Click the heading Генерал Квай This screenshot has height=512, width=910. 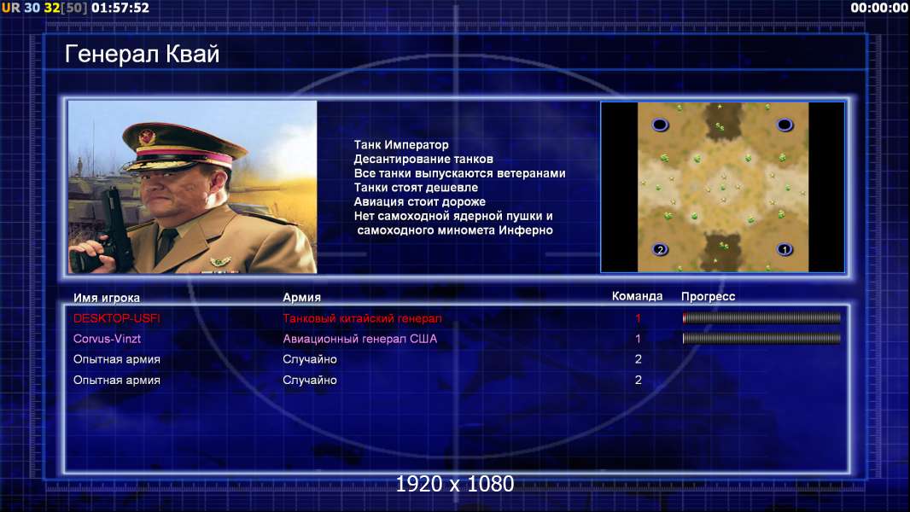143,54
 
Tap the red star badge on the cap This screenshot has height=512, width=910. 147,137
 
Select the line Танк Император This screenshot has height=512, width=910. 401,145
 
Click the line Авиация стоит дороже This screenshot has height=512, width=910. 420,201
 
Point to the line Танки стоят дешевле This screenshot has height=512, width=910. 416,187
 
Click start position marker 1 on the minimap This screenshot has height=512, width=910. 785,250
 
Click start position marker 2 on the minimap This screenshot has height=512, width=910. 660,250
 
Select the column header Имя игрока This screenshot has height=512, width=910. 106,298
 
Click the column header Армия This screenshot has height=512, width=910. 302,297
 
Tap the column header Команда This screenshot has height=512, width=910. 637,296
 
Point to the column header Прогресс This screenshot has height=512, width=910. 708,296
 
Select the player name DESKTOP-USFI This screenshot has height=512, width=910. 117,318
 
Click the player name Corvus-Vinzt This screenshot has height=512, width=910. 107,339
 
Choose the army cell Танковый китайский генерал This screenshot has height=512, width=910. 362,318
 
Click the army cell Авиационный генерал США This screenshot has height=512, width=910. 360,339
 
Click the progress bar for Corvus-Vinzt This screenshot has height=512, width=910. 761,338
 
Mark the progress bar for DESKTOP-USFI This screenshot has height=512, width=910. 761,317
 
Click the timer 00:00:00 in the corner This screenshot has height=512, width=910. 878,8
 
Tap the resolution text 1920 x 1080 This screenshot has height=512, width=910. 455,484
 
